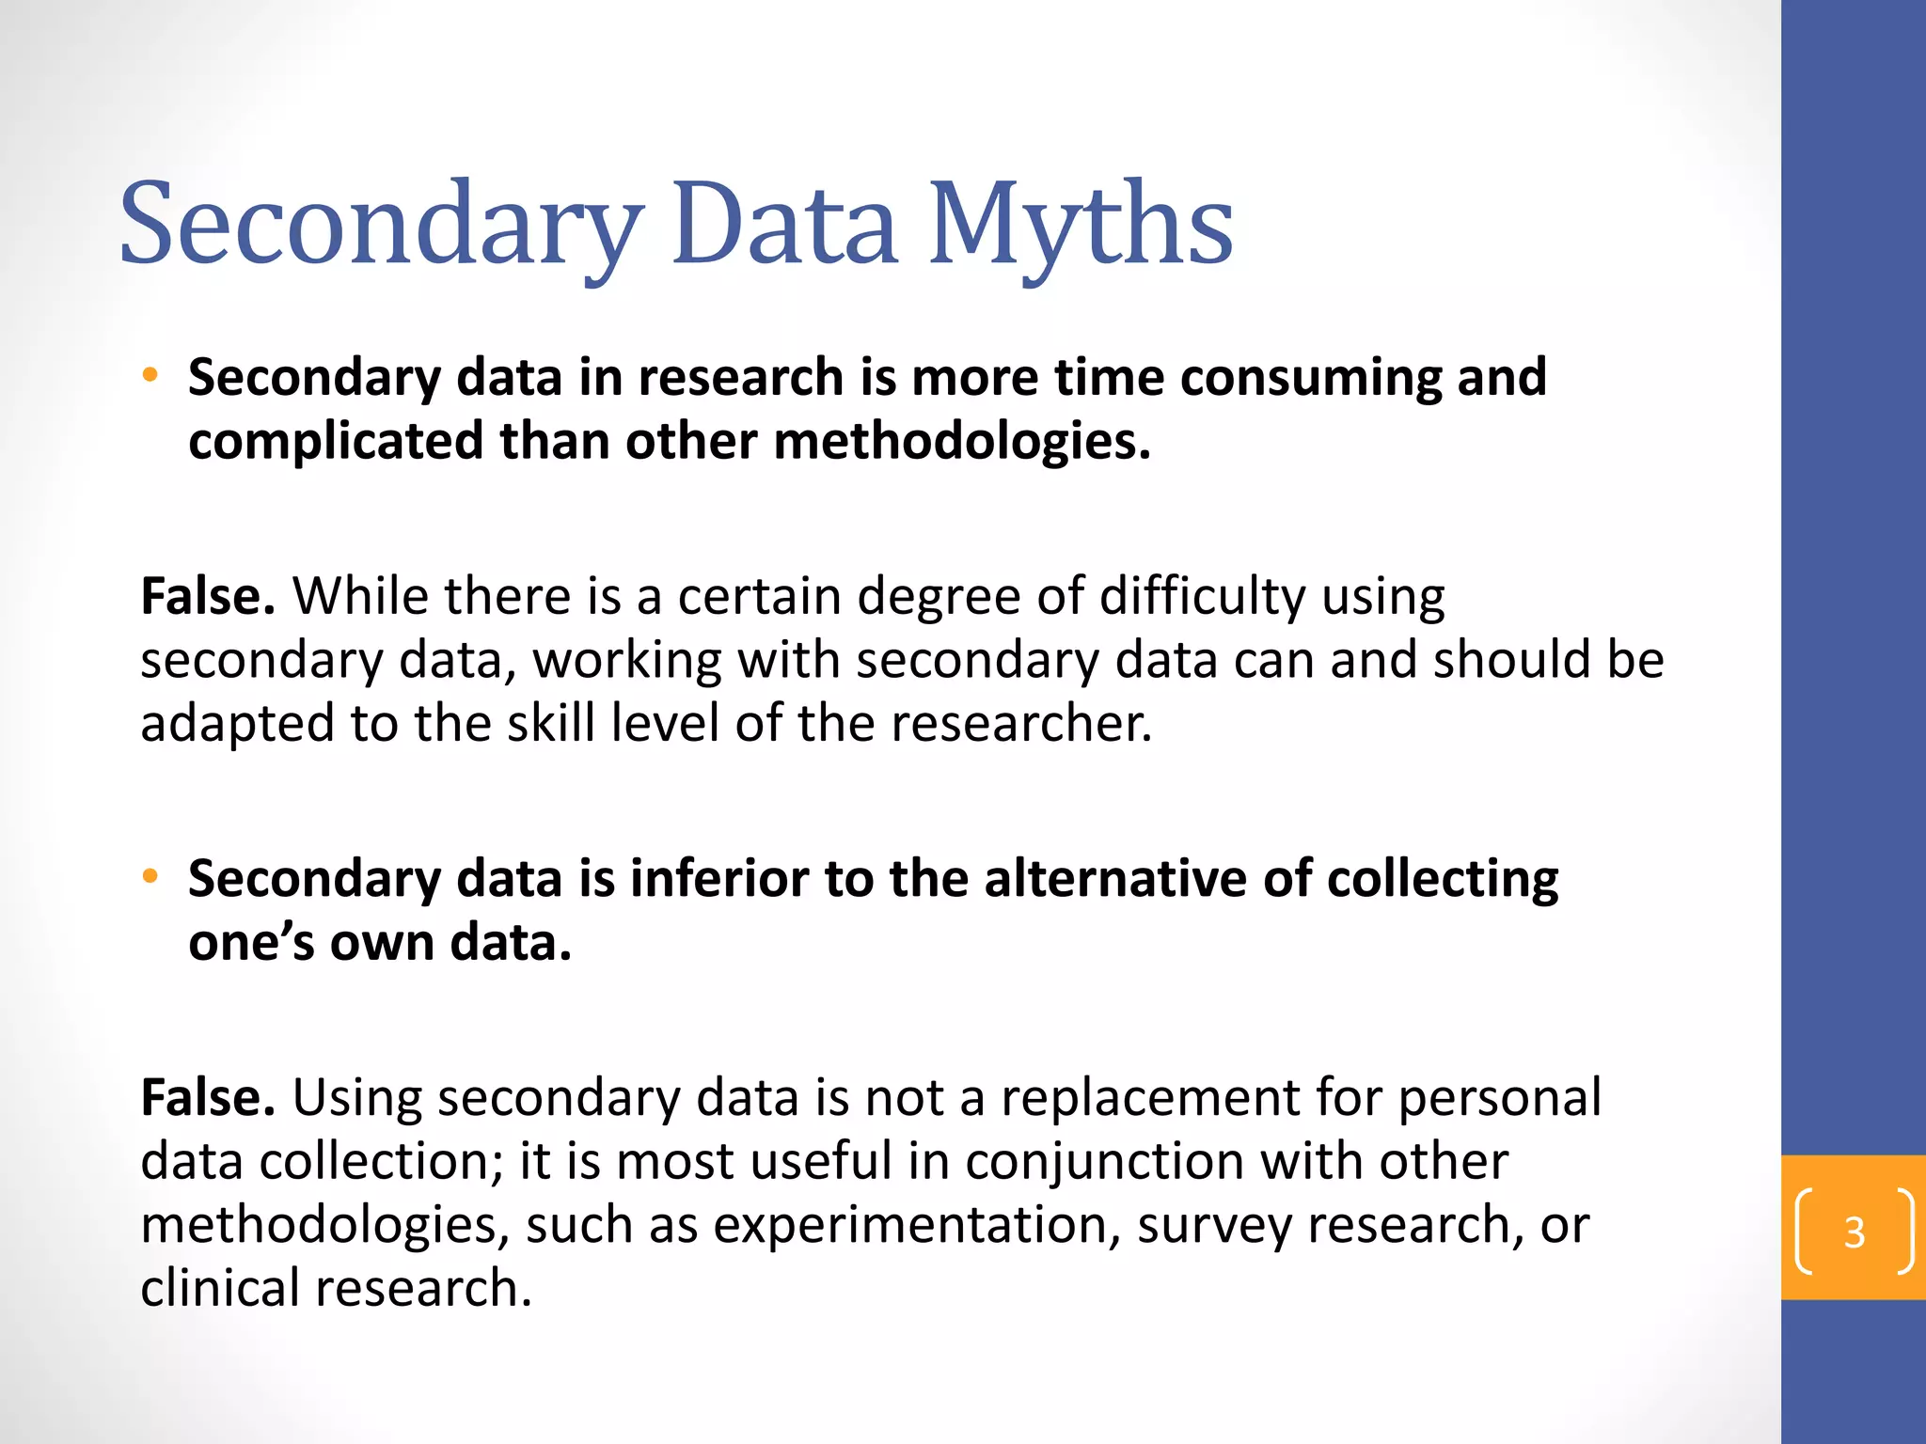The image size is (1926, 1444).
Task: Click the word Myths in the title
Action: (x=1081, y=226)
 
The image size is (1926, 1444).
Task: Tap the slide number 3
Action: (x=1854, y=1232)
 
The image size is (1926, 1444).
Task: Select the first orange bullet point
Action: (x=150, y=376)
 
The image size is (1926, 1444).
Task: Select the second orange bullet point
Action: (x=150, y=877)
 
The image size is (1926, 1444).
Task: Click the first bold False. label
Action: (x=208, y=596)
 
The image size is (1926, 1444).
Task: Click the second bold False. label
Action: (x=208, y=1097)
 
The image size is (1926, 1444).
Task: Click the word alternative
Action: (x=1115, y=879)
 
